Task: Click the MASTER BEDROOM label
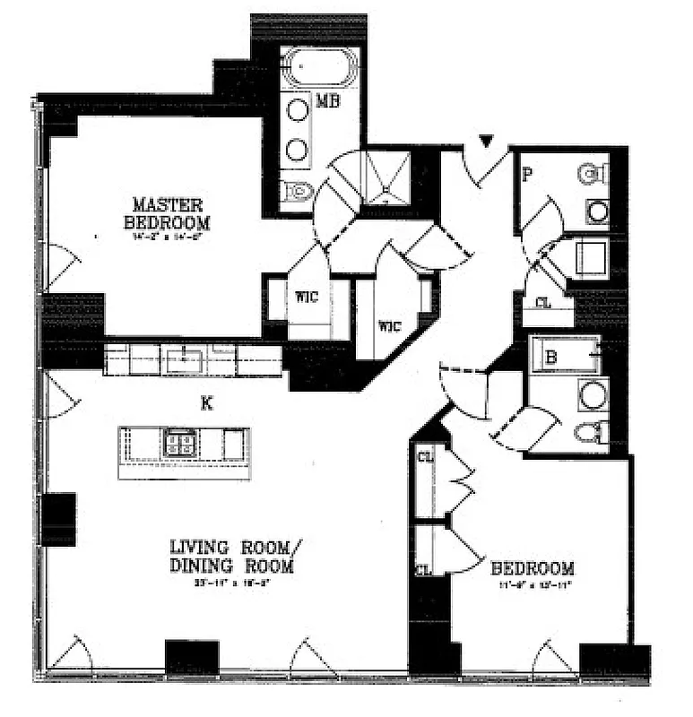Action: [x=168, y=213]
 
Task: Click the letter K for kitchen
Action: [x=207, y=404]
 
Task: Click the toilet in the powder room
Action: [x=591, y=174]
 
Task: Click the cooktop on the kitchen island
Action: [x=179, y=442]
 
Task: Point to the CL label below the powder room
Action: [x=543, y=303]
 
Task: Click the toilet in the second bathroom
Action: [x=591, y=433]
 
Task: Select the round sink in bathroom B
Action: [x=592, y=394]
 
